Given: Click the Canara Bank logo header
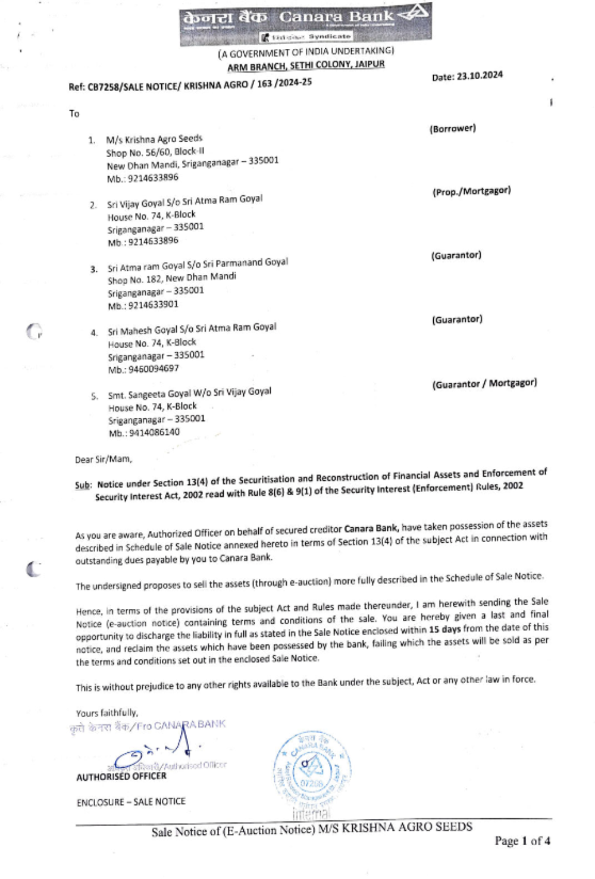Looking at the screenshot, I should coord(305,23).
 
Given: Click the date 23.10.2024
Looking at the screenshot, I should coord(467,76).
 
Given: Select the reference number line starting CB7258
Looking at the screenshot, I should coord(190,85).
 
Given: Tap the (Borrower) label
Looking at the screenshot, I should coord(452,129).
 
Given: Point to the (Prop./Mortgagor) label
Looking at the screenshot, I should coord(471,191).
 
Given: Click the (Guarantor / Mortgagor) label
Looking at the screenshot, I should coord(484,384).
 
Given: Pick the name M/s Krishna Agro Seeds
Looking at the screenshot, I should coord(154,139).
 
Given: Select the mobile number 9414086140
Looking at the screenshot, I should coord(144,433).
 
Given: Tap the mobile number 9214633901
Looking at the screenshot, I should coord(143,305).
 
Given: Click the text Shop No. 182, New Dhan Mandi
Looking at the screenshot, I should coord(172,278).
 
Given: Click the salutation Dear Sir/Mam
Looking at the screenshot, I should coord(104,459).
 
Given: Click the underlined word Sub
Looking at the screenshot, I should coord(83,485).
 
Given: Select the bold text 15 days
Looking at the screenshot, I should coord(444,629).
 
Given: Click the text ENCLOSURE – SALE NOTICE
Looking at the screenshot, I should coord(131,802).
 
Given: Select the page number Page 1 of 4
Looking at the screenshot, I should coord(522,841).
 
